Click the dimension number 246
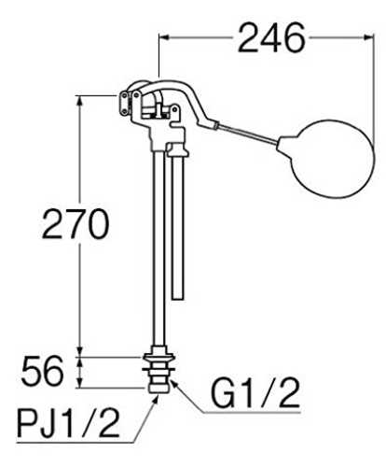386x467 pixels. point(271,37)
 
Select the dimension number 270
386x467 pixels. point(76,223)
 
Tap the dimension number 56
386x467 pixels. point(42,372)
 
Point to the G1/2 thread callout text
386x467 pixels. point(255,393)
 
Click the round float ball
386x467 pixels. point(325,159)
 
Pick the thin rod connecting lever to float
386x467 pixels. point(247,134)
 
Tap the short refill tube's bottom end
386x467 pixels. point(177,299)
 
